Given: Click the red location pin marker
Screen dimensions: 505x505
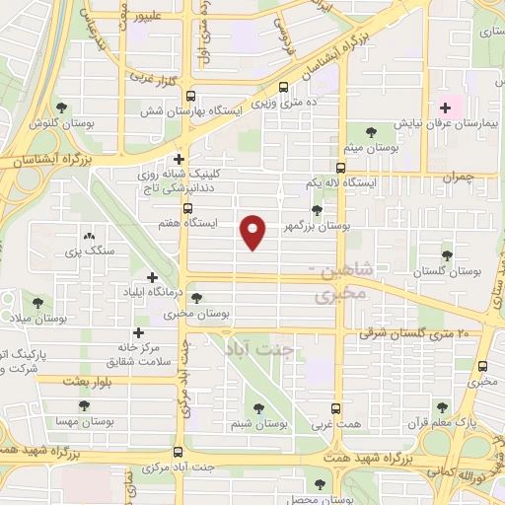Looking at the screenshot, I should [255, 231].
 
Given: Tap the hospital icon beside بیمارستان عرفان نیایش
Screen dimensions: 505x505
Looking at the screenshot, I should [445, 107].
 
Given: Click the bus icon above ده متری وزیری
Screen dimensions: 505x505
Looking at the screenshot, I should [286, 87].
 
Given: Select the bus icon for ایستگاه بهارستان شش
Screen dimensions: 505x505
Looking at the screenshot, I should [189, 97].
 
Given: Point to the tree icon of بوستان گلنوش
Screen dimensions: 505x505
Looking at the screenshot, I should [62, 107].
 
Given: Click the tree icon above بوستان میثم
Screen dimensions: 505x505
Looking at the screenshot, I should [371, 130].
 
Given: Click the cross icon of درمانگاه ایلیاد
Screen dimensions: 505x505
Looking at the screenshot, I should [152, 278].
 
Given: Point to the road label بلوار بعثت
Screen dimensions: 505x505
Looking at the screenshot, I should [91, 380].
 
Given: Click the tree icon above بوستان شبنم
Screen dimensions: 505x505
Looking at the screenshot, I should [258, 407].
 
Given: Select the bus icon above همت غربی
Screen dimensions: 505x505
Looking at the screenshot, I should [336, 406].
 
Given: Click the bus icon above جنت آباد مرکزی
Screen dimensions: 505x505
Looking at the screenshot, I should [178, 446].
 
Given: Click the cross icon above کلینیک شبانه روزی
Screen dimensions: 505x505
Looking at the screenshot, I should [179, 158].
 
